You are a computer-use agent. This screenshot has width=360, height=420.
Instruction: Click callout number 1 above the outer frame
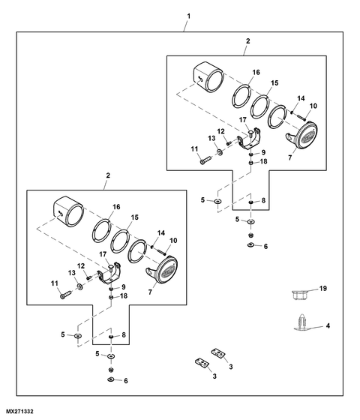pos(188,16)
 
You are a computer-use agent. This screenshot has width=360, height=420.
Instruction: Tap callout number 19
pos(323,289)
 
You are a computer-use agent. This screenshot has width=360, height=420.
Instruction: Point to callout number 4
pos(328,325)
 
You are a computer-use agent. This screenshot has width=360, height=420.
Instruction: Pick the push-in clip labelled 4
pos(301,322)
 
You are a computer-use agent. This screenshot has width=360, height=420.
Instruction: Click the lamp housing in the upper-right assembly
pos(208,76)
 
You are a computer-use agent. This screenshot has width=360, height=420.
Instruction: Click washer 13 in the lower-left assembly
pos(79,286)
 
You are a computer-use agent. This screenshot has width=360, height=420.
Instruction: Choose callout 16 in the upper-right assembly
pos(256,72)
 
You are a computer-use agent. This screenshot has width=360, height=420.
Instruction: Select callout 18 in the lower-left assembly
pos(124,296)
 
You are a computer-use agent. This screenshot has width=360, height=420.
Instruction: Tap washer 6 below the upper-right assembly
pos(251,245)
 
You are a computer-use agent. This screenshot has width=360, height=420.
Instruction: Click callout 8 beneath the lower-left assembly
pos(124,334)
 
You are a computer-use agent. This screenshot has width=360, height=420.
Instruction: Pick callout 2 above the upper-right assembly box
pos(247,41)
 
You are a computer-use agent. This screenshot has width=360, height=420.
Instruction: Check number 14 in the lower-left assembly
pos(161,233)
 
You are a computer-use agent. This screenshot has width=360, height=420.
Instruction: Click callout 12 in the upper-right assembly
pos(220,131)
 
